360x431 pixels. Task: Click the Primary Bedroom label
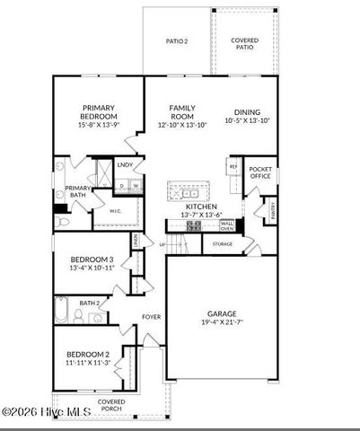100,111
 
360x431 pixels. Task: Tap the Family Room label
182,111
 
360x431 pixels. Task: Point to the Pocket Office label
260,172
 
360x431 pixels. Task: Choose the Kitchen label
201,206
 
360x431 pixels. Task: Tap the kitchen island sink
190,191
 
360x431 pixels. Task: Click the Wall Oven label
227,225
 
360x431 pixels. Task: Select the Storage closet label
223,243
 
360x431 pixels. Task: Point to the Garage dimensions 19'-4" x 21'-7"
223,321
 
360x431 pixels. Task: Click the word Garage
223,313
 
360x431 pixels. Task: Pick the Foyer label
151,317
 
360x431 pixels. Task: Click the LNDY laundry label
126,165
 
